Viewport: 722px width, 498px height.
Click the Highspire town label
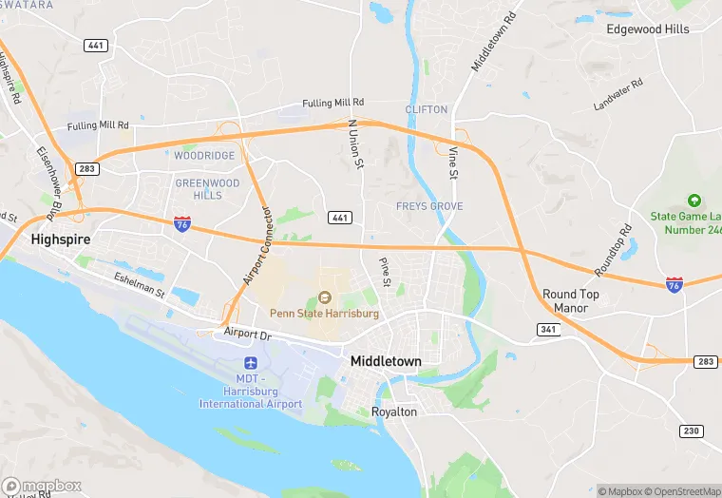click(60, 239)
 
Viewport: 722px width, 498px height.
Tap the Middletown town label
click(386, 361)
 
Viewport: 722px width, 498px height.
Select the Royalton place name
click(394, 412)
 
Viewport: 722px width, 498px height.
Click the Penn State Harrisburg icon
click(324, 299)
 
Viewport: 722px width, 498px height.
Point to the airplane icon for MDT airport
click(251, 363)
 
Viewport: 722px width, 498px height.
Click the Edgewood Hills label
click(648, 29)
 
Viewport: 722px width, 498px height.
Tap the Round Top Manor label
click(571, 301)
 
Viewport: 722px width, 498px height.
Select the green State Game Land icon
click(693, 201)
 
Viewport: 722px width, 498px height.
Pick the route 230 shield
click(692, 431)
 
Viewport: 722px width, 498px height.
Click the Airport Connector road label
click(257, 245)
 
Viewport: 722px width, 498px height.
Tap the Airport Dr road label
click(248, 334)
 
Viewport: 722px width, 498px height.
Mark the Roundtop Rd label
click(613, 250)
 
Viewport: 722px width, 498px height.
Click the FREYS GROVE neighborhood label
click(429, 206)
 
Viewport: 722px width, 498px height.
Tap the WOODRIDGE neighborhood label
click(203, 155)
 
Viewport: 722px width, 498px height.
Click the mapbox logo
click(42, 486)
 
